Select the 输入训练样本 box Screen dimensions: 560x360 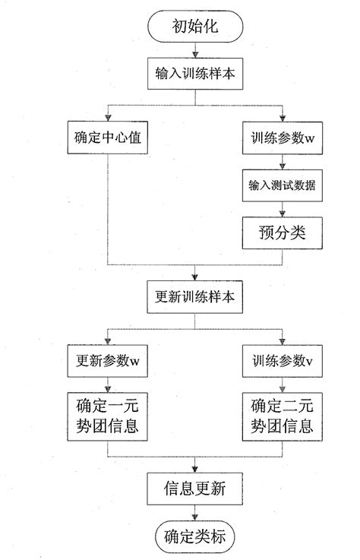[x=197, y=75]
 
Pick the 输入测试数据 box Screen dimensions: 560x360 [x=283, y=185]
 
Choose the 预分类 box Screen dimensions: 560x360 [x=283, y=231]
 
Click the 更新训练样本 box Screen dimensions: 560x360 [x=197, y=296]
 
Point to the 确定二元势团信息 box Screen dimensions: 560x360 [x=283, y=416]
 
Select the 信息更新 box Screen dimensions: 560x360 [x=197, y=488]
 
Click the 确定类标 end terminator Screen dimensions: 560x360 [x=197, y=535]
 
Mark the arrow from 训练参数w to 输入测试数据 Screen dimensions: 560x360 [x=283, y=162]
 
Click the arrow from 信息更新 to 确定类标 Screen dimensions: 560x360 [x=197, y=512]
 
